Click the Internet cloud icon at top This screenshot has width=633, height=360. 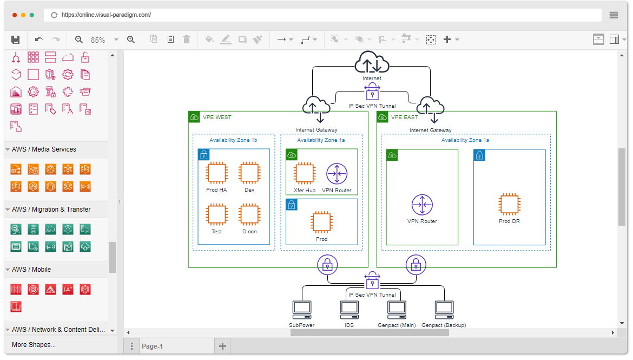point(372,62)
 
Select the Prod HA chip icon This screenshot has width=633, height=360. point(216,173)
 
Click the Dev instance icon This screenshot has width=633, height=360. point(249,173)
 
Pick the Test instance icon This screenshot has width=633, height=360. point(216,214)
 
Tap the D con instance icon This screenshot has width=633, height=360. point(249,214)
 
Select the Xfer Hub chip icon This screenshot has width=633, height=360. point(305,173)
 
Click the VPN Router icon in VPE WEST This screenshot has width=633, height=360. point(337,173)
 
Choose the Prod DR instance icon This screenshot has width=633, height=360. point(509,205)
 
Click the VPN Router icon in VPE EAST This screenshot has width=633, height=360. point(422,205)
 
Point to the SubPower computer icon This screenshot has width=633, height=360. point(302,310)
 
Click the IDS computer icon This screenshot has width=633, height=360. point(349,310)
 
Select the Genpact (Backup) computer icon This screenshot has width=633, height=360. point(444,310)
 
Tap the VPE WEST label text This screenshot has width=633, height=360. point(217,117)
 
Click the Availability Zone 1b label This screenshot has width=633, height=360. point(233,140)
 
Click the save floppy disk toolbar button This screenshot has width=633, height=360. point(15,40)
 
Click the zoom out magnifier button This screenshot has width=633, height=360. point(79,40)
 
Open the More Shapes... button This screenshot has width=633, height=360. point(34,344)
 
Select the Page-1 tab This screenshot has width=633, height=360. point(152,346)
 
